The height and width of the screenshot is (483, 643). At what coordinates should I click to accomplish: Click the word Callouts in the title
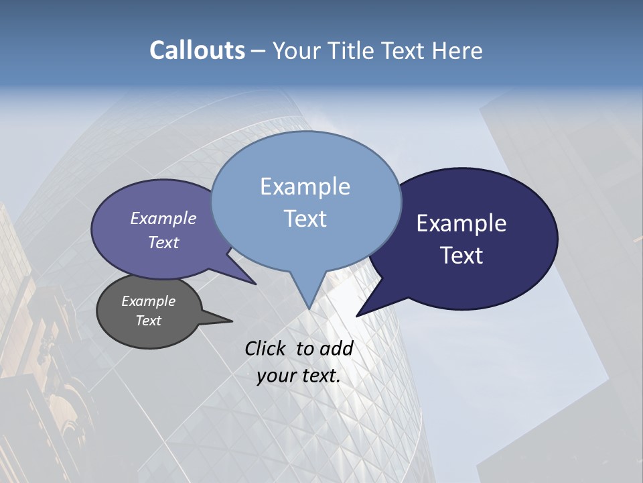(x=197, y=50)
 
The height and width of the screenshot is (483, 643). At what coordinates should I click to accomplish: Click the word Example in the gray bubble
(x=148, y=301)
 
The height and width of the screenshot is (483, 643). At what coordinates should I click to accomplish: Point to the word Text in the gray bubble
(x=148, y=321)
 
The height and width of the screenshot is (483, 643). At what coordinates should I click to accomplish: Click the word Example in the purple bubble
(x=163, y=218)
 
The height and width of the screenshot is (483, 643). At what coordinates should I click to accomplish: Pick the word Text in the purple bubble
(x=163, y=242)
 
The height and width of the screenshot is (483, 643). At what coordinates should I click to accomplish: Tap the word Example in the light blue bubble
(x=305, y=186)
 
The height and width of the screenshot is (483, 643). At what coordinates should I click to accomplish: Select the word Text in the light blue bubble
(x=305, y=219)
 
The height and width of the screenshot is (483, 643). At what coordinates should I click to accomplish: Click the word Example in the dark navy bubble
(x=461, y=223)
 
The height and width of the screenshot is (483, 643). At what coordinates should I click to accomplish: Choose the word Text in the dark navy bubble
(x=461, y=256)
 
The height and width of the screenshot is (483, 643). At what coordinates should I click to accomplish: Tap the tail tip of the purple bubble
(x=255, y=284)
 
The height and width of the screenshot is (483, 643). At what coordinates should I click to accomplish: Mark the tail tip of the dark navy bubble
(x=357, y=315)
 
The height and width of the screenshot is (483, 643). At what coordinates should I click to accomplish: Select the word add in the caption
(x=337, y=348)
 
